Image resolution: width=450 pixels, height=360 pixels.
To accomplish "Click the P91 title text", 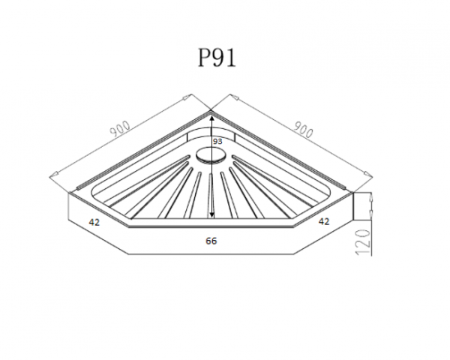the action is point(217,58).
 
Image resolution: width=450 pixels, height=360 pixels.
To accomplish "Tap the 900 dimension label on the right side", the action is point(303,129).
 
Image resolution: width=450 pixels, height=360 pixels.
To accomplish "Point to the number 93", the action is point(217,141).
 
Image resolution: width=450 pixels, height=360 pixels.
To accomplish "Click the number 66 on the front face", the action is point(211,241).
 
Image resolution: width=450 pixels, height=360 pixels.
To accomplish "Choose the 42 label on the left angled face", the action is point(94,222).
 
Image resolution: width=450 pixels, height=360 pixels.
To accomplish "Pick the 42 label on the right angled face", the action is point(324,221).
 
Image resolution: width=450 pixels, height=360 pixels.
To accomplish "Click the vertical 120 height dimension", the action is point(363,241).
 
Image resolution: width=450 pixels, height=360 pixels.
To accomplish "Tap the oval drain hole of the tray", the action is point(211,155).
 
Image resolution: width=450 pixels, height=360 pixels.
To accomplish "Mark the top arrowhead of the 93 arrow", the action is point(211,117).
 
